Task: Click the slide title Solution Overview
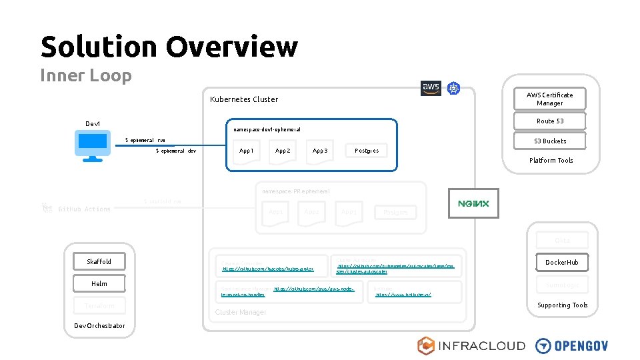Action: [169, 47]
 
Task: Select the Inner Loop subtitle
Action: [86, 75]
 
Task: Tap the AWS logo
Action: [431, 88]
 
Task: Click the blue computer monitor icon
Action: [92, 145]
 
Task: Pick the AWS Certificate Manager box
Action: [549, 99]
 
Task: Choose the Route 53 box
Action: [549, 121]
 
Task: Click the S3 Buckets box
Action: [549, 141]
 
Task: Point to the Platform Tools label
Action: [551, 160]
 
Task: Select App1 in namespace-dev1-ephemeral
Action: [246, 151]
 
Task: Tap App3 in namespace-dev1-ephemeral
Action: [320, 151]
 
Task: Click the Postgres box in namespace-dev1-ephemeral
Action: [366, 151]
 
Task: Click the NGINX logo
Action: [473, 203]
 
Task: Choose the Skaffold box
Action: [99, 261]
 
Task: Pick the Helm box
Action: [99, 283]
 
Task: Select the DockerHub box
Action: [561, 262]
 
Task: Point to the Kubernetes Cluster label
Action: [243, 99]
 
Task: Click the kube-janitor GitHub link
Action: [267, 269]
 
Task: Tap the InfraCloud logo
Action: [471, 345]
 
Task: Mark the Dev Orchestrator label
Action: [99, 325]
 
